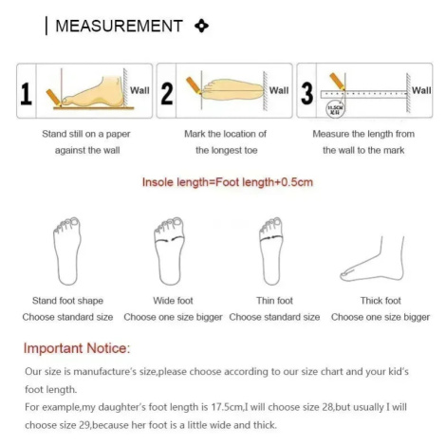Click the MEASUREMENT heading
(x=119, y=26)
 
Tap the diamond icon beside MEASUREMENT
(x=201, y=26)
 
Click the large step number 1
(x=26, y=94)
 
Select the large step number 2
(x=167, y=94)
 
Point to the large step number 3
(x=307, y=94)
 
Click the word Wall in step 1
(x=139, y=90)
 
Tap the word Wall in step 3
(x=421, y=90)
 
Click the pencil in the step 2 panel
(x=194, y=85)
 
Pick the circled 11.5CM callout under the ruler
(x=335, y=109)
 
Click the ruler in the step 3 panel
(x=363, y=94)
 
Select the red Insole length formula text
(x=228, y=182)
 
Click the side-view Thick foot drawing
(x=372, y=259)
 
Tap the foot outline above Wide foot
(x=170, y=251)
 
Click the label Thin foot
(x=274, y=301)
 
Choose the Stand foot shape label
(x=67, y=301)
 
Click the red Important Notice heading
(x=77, y=348)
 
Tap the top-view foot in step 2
(x=232, y=90)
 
